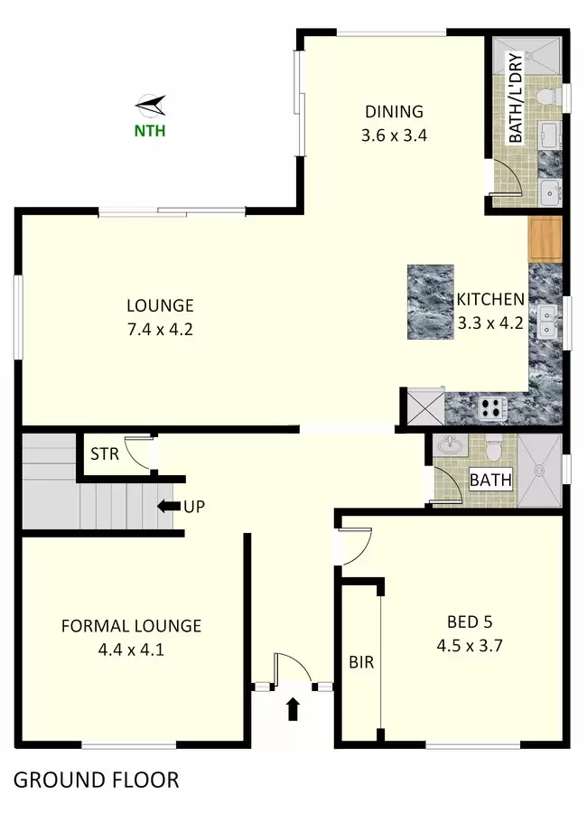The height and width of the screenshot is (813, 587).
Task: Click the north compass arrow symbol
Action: tap(151, 106)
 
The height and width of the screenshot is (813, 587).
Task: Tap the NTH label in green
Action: tap(150, 131)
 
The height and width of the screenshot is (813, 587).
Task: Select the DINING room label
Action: tap(394, 111)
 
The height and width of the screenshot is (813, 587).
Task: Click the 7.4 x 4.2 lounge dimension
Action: tap(160, 329)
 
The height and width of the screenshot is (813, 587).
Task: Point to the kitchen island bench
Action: tap(431, 303)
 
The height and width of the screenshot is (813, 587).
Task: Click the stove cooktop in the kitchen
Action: tap(492, 407)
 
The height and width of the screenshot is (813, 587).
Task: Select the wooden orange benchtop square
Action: tap(545, 239)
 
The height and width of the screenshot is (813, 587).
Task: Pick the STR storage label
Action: tap(105, 454)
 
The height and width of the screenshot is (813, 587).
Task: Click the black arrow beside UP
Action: tap(165, 506)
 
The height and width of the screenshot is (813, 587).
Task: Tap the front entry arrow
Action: tap(293, 709)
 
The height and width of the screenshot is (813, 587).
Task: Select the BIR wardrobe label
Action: tap(361, 662)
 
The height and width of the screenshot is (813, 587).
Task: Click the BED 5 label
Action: tap(470, 621)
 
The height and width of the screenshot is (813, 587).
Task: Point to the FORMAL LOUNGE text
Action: tap(131, 626)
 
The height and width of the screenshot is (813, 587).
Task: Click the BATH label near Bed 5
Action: tap(490, 481)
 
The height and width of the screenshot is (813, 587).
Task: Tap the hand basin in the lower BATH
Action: tap(450, 445)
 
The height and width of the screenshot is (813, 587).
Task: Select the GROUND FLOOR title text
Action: tap(97, 780)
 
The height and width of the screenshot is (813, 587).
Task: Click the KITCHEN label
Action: tap(490, 299)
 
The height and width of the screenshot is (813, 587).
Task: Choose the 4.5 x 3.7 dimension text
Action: tap(470, 646)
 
